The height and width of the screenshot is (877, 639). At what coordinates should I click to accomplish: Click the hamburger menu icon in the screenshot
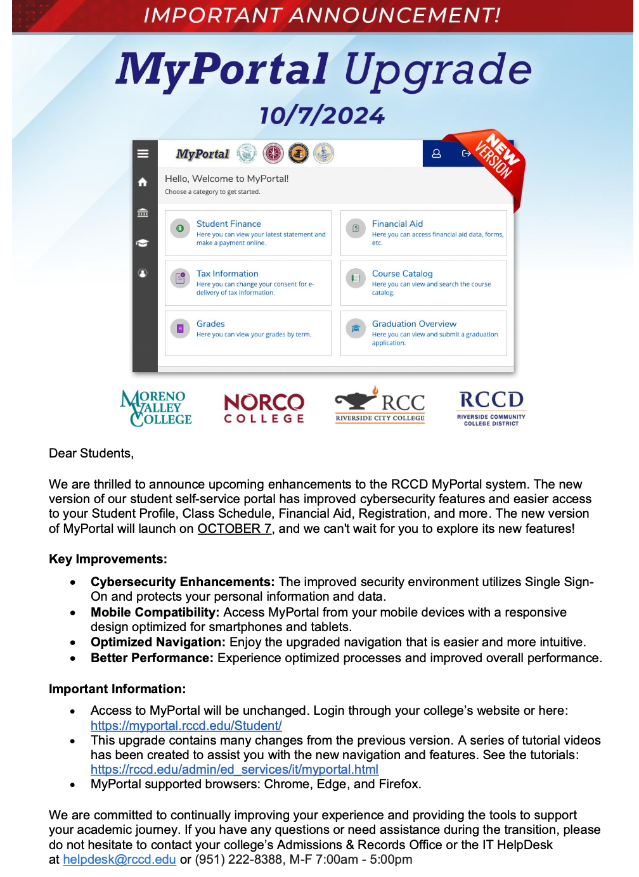pyautogui.click(x=143, y=153)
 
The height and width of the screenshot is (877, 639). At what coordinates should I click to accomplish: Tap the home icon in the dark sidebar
pyautogui.click(x=143, y=182)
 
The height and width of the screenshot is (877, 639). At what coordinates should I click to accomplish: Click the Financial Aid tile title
pyautogui.click(x=397, y=224)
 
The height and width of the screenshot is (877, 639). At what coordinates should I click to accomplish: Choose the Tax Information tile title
pyautogui.click(x=227, y=274)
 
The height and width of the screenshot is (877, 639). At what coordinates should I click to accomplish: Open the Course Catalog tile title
pyautogui.click(x=402, y=274)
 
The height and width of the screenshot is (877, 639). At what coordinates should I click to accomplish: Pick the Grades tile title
pyautogui.click(x=210, y=324)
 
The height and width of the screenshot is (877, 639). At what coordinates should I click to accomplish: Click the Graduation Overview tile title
pyautogui.click(x=414, y=324)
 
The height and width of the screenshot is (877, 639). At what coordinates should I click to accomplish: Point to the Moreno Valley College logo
pyautogui.click(x=156, y=407)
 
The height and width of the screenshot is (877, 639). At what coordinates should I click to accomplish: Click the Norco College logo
pyautogui.click(x=264, y=408)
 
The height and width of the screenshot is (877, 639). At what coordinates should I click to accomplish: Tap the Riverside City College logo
pyautogui.click(x=380, y=406)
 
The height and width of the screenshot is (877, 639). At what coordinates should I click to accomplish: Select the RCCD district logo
pyautogui.click(x=491, y=407)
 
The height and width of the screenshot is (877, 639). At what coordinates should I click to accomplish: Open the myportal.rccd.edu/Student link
pyautogui.click(x=186, y=726)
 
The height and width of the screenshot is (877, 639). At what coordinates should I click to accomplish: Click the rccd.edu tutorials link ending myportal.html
pyautogui.click(x=234, y=769)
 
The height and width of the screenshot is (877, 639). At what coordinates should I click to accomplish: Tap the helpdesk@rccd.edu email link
pyautogui.click(x=119, y=859)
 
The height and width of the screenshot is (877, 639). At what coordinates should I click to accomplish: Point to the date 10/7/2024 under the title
pyautogui.click(x=322, y=116)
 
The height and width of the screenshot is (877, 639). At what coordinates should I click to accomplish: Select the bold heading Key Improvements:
pyautogui.click(x=108, y=559)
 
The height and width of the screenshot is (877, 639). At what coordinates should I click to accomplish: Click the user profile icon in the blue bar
pyautogui.click(x=436, y=153)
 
